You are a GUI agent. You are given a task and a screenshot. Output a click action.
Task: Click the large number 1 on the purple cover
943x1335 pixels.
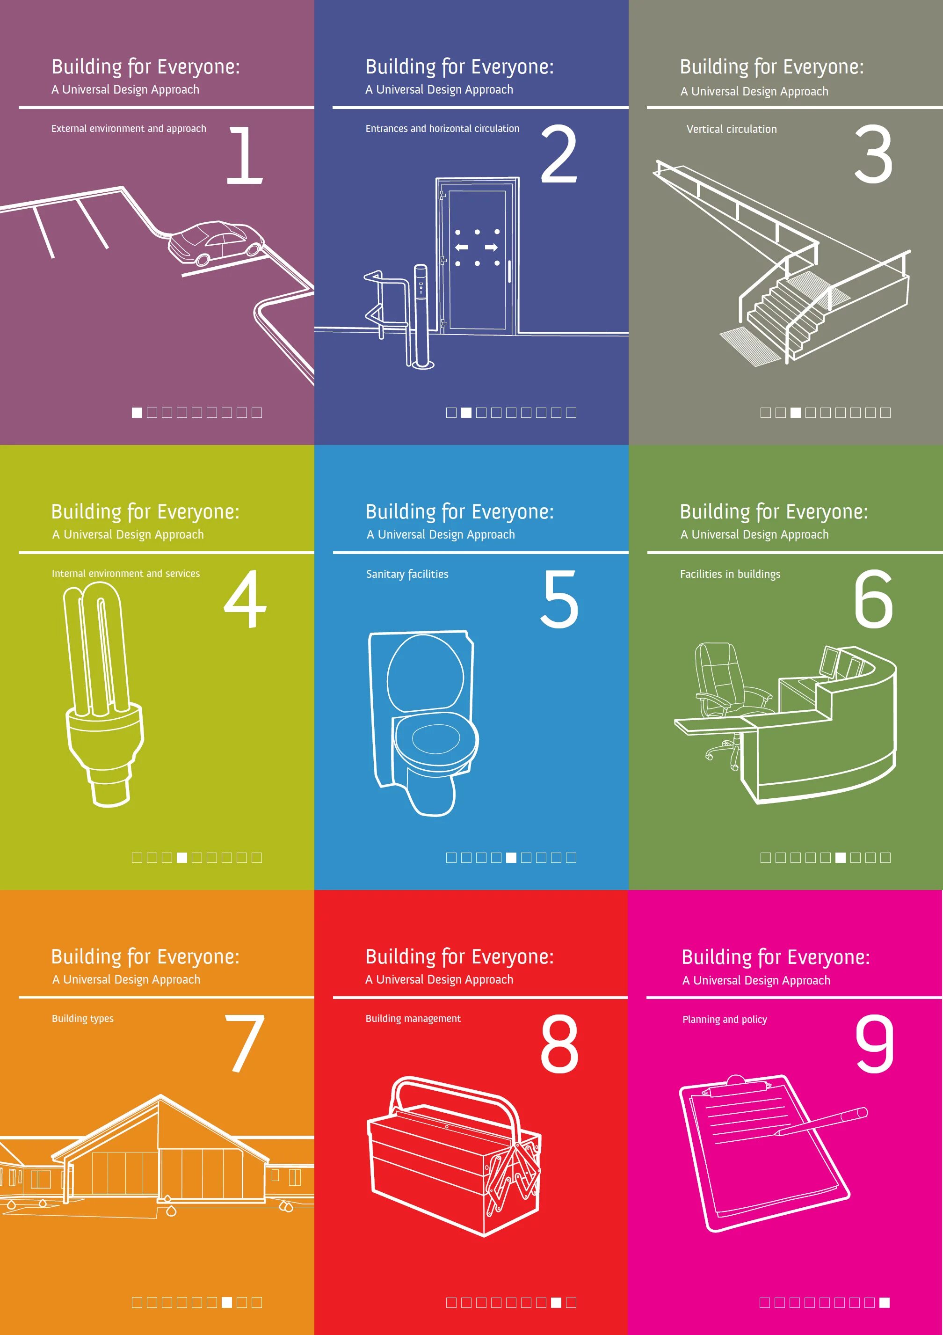tap(246, 155)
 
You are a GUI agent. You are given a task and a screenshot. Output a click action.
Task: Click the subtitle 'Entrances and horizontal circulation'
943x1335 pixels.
tap(442, 129)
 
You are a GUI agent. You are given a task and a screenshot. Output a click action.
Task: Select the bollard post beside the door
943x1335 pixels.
tap(421, 317)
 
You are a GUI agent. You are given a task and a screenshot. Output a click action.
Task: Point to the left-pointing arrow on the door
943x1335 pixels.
tap(462, 248)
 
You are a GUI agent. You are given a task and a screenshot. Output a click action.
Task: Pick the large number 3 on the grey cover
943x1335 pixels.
tap(873, 155)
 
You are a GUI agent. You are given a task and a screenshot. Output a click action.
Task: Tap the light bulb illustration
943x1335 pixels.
tap(103, 692)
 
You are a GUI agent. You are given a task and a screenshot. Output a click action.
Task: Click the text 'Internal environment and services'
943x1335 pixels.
tap(125, 573)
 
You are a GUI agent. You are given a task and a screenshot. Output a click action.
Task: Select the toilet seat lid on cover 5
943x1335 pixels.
tap(425, 673)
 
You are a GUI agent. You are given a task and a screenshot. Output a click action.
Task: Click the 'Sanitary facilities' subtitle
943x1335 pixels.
tap(407, 574)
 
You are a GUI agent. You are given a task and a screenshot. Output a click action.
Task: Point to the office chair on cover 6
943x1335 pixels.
tap(724, 686)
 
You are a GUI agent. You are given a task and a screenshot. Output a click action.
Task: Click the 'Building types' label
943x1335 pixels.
tap(82, 1018)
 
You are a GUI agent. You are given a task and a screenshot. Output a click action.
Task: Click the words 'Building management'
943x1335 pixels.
tap(413, 1018)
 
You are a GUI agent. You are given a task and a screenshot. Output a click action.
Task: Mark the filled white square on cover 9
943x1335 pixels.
tap(884, 1302)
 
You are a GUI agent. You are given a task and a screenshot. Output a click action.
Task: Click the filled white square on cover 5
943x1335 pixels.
tap(511, 858)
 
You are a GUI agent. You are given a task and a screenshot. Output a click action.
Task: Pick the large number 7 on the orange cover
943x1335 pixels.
tap(245, 1043)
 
